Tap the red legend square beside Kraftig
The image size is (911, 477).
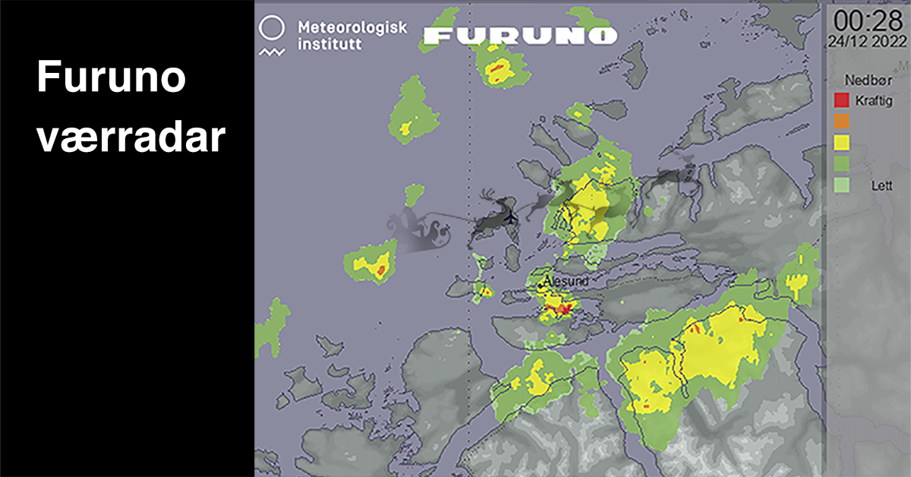pos(841,100)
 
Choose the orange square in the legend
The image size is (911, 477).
pos(841,121)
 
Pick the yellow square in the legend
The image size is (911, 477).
pos(841,141)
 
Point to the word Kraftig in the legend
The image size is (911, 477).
pos(874,101)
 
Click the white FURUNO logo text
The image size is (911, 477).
pos(520,35)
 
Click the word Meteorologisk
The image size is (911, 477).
pos(352,27)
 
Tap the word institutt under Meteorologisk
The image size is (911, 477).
pos(329,44)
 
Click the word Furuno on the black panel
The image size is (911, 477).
pos(111,78)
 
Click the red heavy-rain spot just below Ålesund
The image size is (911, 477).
pos(562,308)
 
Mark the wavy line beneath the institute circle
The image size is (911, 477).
pos(271,52)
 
